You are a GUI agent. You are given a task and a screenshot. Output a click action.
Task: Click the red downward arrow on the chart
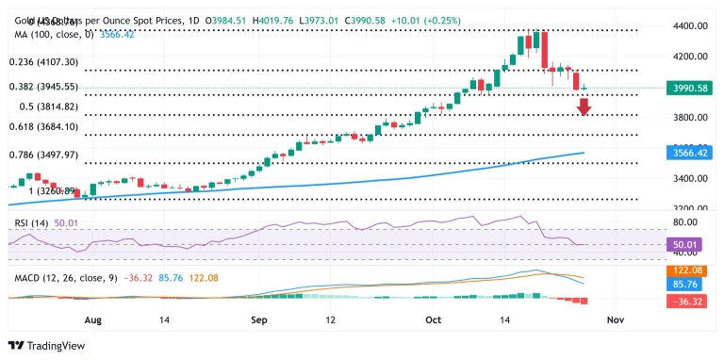(584, 106)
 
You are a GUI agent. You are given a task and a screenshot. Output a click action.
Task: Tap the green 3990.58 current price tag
(685, 88)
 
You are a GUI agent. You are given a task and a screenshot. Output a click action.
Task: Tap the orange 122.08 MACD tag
(685, 270)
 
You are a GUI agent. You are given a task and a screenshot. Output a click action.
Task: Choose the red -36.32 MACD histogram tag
(685, 301)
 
